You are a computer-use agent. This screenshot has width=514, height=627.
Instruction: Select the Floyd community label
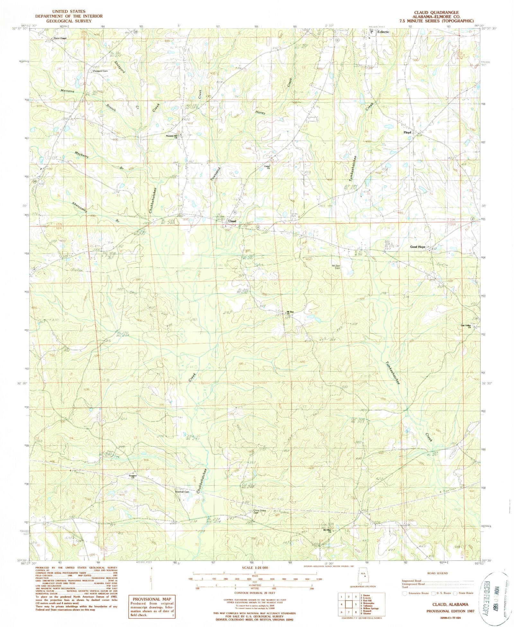pyautogui.click(x=407, y=132)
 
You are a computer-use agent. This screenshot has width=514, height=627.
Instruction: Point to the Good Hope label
pyautogui.click(x=418, y=247)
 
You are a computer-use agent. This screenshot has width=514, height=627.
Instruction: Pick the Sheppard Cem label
pyautogui.click(x=100, y=71)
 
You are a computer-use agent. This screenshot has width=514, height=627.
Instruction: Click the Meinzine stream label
pyautogui.click(x=67, y=91)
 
